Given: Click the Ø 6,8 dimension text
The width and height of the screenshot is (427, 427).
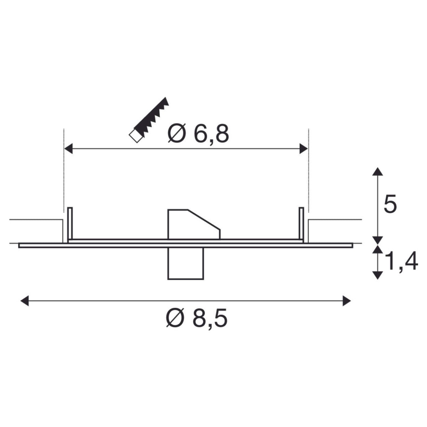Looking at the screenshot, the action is point(198,134).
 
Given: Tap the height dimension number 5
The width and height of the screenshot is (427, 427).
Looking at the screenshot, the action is point(390,204).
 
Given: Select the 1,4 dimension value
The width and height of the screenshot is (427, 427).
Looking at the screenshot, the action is point(401,261).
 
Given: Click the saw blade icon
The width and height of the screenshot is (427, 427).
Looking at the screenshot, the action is point(149,120).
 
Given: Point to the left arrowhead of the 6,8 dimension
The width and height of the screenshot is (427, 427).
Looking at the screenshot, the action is point(68,149).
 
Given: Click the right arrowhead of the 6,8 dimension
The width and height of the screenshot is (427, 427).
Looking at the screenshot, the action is point(304,149).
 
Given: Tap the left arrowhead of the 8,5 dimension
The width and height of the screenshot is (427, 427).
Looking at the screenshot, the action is point(24,301).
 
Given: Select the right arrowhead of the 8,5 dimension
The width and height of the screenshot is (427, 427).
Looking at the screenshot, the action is point(347,301).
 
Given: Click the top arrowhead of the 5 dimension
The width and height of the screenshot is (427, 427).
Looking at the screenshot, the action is point(377,172).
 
